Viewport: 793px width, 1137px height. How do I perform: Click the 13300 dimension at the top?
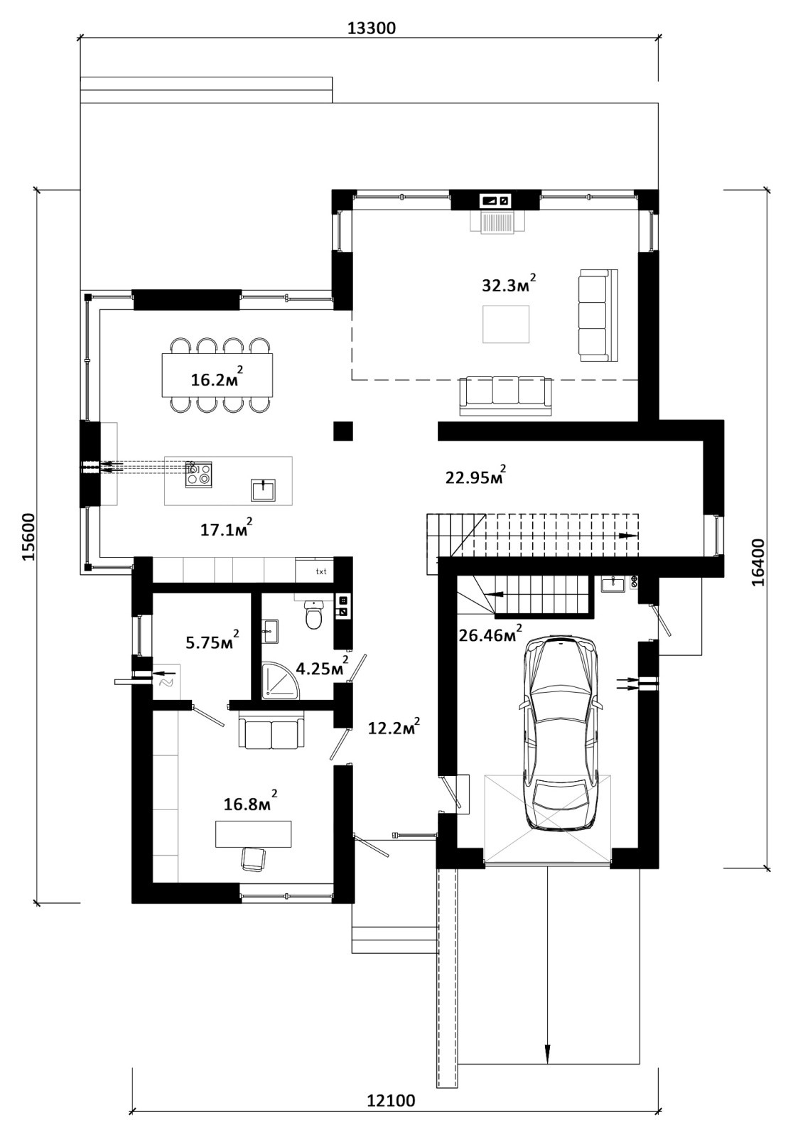pos(371,28)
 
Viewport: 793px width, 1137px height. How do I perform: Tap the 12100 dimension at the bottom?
pos(391,1115)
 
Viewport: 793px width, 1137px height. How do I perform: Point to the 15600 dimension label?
pos(28,537)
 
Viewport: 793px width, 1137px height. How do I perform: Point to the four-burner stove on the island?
pos(198,475)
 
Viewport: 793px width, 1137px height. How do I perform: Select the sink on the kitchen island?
pos(264,490)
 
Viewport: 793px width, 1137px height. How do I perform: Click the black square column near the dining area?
pos(343,431)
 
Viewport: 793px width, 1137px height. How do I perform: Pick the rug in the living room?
pos(506,324)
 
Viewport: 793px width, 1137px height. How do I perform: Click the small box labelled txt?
pos(315,571)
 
